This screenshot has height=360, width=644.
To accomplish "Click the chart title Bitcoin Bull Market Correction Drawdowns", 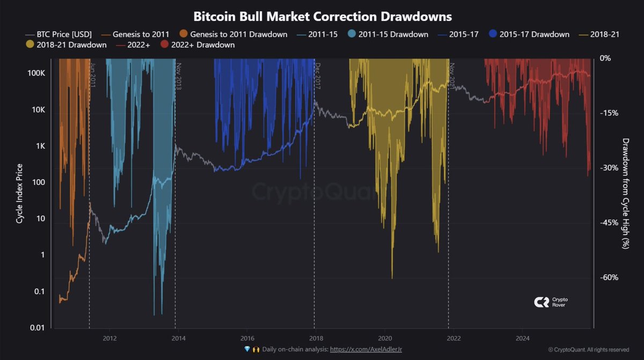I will pos(322,16).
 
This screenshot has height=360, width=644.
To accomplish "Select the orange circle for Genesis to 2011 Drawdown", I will pos(184,34).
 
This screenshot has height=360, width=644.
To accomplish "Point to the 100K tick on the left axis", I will pos(36,73).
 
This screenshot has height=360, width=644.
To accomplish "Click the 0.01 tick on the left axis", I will pos(36,328).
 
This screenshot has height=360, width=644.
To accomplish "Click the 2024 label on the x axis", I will pos(523,338).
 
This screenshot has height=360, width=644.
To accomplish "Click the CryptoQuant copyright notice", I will pos(589,350).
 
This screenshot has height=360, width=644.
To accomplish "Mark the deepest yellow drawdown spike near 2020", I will pos(392,277).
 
